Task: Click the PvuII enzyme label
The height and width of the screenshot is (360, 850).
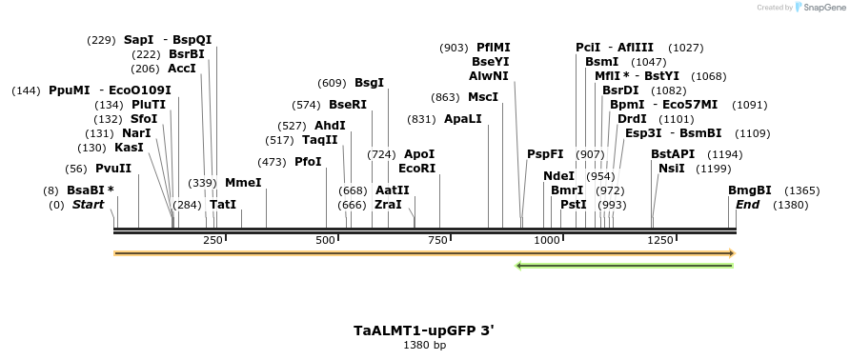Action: pos(113,169)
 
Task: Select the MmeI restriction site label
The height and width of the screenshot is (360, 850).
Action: pos(243,183)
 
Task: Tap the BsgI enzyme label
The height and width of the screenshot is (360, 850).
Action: pos(369,83)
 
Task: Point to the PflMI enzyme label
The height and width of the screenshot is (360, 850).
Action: pos(494,48)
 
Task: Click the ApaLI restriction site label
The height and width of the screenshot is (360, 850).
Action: pos(463,119)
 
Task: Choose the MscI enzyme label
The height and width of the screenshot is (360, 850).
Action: pos(483,97)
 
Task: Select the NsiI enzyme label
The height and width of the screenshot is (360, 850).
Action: pos(672,169)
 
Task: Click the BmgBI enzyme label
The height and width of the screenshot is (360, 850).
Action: pos(750,190)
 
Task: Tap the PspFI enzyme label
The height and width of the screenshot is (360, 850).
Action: pos(545,154)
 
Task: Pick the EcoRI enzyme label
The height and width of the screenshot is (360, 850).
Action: pos(416,169)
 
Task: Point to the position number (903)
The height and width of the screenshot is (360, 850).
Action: pos(454,48)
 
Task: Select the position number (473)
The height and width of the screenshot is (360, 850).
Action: pos(272,162)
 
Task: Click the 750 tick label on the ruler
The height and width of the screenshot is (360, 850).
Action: pos(438,240)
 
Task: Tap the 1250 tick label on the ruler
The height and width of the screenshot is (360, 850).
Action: pos(660,240)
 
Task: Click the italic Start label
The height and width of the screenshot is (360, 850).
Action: pos(88,205)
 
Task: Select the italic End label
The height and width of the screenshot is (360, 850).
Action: pos(748,205)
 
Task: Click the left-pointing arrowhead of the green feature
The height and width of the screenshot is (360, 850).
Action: pos(519,265)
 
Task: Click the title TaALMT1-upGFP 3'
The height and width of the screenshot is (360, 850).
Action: pos(424,330)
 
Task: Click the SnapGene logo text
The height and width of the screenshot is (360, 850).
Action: pos(820,8)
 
